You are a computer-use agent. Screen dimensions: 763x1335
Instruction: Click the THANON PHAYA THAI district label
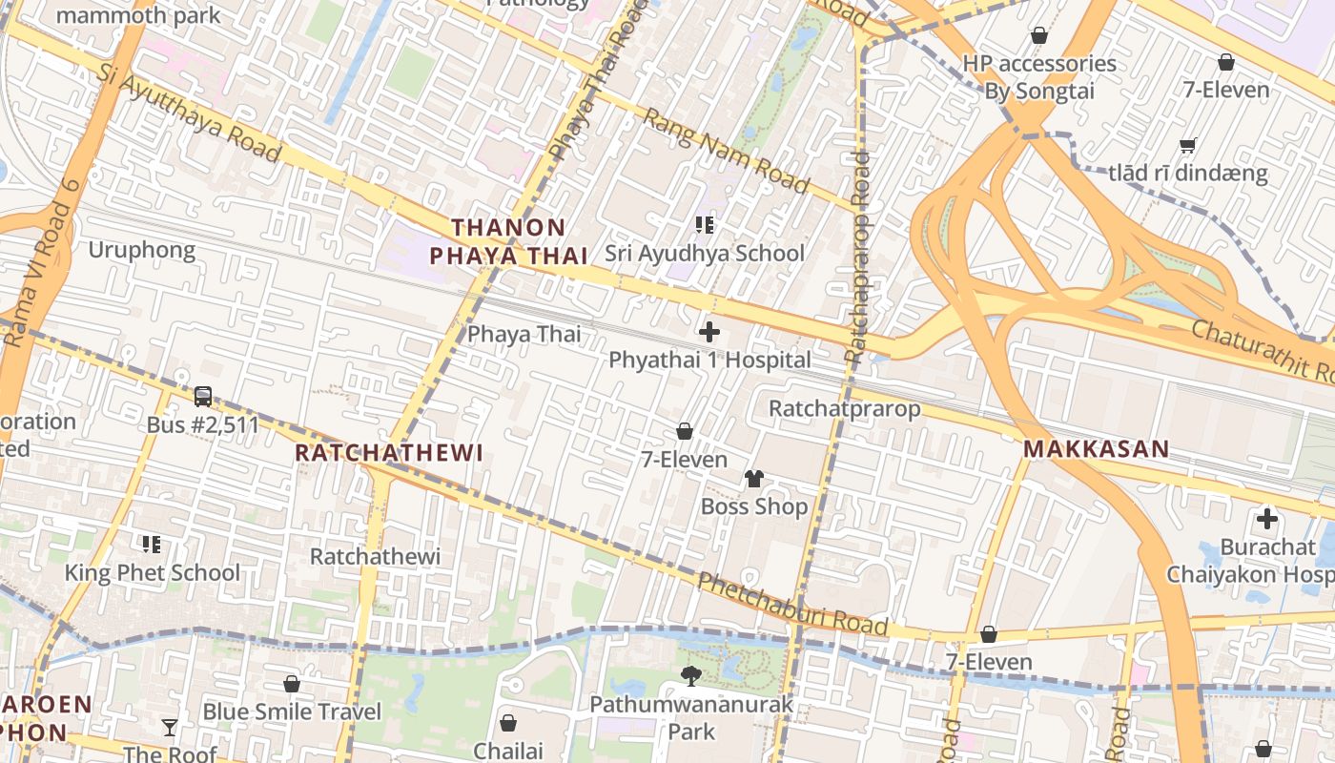[508, 241]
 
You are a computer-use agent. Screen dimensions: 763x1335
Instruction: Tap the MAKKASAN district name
[1096, 449]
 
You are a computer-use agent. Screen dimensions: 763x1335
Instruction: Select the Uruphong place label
[141, 250]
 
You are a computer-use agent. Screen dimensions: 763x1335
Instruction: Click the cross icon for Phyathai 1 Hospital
[709, 332]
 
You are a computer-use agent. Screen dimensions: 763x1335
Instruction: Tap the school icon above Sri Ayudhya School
[705, 225]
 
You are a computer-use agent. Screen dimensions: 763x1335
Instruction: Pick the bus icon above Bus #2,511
[202, 396]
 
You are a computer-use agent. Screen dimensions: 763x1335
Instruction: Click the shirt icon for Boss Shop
[754, 479]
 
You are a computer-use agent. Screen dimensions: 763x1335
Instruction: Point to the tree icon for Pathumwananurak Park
[691, 676]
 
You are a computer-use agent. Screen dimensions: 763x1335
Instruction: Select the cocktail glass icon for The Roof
[170, 728]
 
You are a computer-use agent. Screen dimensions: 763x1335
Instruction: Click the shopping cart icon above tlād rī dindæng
[1187, 146]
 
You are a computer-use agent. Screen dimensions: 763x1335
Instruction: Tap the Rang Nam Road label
[726, 150]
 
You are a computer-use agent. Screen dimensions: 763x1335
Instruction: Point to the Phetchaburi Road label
[792, 605]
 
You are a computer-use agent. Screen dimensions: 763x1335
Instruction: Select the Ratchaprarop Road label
[858, 258]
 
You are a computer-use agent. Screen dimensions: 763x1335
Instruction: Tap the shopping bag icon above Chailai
[508, 723]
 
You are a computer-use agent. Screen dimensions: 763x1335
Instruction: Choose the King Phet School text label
[152, 572]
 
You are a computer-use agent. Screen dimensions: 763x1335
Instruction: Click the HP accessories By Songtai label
[1038, 77]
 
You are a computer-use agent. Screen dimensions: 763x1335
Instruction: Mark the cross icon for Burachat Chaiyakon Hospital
[1266, 519]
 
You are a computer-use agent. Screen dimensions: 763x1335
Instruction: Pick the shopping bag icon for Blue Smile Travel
[292, 684]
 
